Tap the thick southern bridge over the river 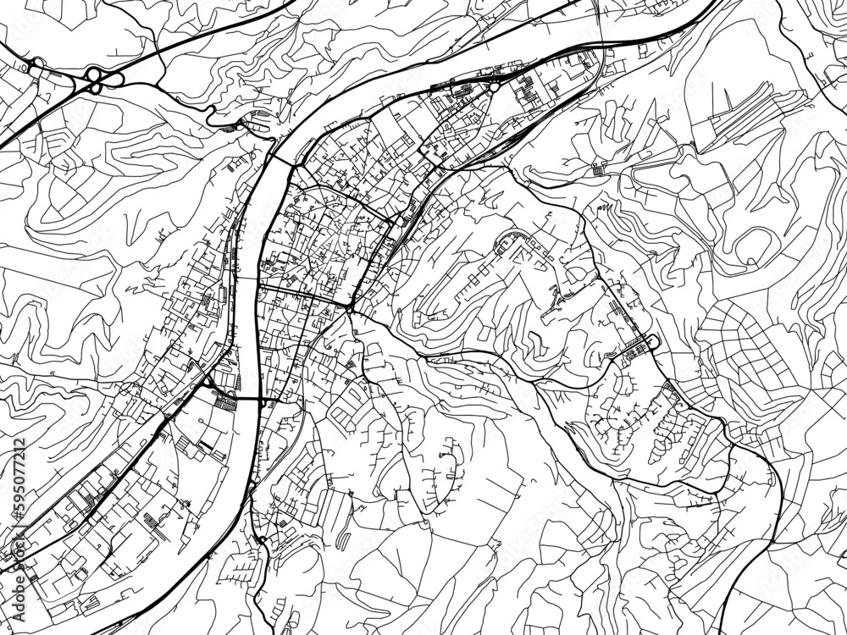click(246, 398)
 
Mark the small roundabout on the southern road click(263, 539)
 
